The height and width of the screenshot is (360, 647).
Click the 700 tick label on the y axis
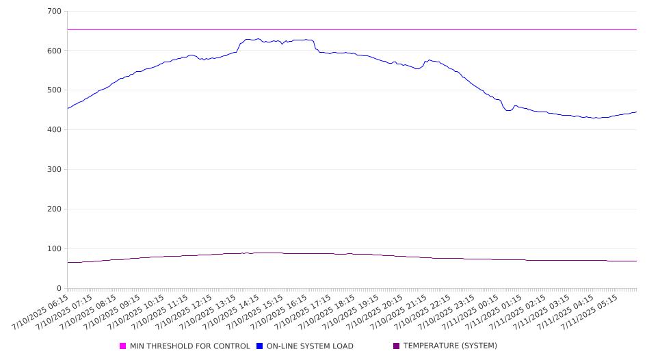(x=55, y=11)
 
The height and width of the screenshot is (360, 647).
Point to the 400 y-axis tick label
(x=55, y=129)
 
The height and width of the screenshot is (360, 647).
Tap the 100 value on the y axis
(x=55, y=248)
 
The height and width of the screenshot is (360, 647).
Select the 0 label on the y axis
(x=60, y=288)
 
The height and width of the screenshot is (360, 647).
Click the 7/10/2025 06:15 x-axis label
(x=40, y=312)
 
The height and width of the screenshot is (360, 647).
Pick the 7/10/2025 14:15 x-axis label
(x=231, y=312)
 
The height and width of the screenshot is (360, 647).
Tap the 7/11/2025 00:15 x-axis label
(x=470, y=312)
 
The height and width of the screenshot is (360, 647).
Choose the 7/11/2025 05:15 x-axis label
(x=589, y=312)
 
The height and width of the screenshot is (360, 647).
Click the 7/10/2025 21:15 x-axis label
(x=398, y=312)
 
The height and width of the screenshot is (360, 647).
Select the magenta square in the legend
(x=122, y=346)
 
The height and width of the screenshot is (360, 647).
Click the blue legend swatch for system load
(x=259, y=346)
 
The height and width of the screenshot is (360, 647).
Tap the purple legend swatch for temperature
(x=397, y=346)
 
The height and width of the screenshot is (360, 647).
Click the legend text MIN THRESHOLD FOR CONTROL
(x=190, y=346)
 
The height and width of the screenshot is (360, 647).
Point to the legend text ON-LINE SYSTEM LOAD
(x=310, y=346)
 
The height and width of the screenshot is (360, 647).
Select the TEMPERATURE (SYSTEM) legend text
(x=450, y=346)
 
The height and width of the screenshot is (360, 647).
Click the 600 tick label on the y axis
(x=55, y=51)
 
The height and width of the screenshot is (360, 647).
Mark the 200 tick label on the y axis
(x=55, y=209)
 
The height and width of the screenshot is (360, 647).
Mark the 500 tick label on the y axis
(x=55, y=90)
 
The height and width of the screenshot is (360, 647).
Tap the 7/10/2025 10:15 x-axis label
(x=135, y=312)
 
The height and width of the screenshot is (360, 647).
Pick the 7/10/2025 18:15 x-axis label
(x=326, y=312)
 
